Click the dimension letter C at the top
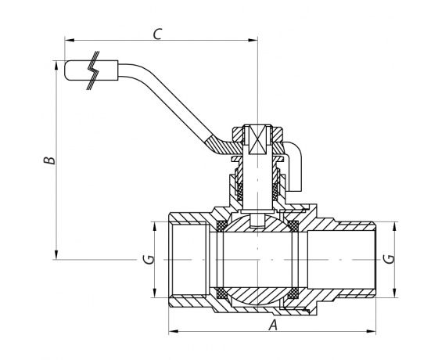157,34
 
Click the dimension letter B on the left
49,160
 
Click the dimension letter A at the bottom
273,325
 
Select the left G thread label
149,259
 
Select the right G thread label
389,259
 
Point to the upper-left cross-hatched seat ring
222,226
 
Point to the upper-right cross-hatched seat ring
293,226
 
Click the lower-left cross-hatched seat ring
222,293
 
